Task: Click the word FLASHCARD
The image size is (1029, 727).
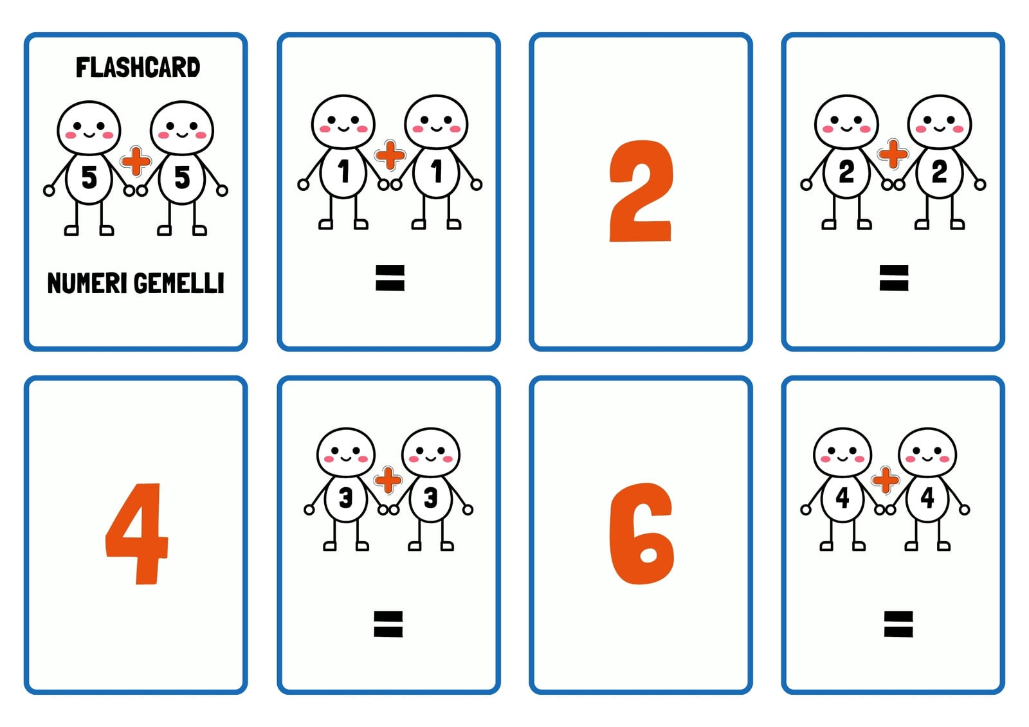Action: click(x=138, y=67)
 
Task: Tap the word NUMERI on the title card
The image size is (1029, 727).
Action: click(x=87, y=283)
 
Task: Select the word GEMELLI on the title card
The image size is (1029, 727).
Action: click(x=179, y=283)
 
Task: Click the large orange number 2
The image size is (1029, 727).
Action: click(x=641, y=191)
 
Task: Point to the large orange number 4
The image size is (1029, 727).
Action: click(x=136, y=534)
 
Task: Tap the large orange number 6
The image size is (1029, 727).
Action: click(x=641, y=534)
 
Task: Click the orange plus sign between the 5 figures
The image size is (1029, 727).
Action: click(x=136, y=161)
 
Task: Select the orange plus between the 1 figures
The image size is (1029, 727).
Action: click(x=390, y=155)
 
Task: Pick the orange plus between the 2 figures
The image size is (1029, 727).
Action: click(x=893, y=154)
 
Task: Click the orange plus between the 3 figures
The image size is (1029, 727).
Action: click(x=388, y=480)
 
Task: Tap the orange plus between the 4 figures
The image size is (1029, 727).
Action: click(x=885, y=480)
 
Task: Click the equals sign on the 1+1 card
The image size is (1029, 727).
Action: click(x=390, y=278)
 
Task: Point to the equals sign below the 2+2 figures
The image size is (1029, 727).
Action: click(x=894, y=278)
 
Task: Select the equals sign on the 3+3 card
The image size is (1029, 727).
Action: click(x=388, y=624)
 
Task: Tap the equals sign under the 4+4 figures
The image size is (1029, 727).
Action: click(x=898, y=624)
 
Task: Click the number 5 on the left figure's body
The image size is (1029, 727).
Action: click(x=89, y=177)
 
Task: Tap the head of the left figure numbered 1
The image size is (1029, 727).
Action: click(x=343, y=122)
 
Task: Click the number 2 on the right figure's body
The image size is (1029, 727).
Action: click(x=940, y=172)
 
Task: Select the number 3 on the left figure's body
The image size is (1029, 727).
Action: click(x=345, y=498)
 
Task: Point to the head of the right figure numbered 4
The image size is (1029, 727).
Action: click(x=927, y=453)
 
